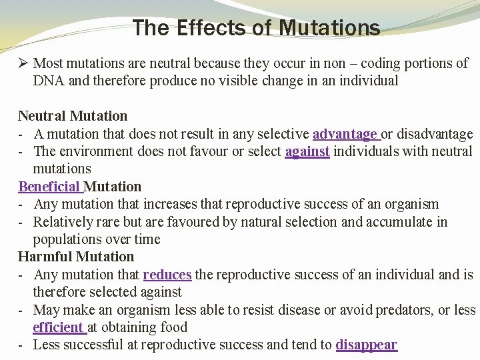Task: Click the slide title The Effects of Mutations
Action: pos(257,28)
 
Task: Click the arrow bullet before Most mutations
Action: pos(23,64)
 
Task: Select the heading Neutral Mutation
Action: pos(73,116)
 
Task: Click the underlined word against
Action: pos(307,151)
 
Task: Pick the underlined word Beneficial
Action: pos(49,186)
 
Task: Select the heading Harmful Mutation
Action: pos(76,257)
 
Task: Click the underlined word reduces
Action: pos(167,274)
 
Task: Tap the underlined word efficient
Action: pos(58,327)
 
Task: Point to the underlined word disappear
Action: pos(366,345)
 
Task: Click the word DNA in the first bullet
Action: pos(47,81)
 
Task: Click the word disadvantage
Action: pos(433,134)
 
